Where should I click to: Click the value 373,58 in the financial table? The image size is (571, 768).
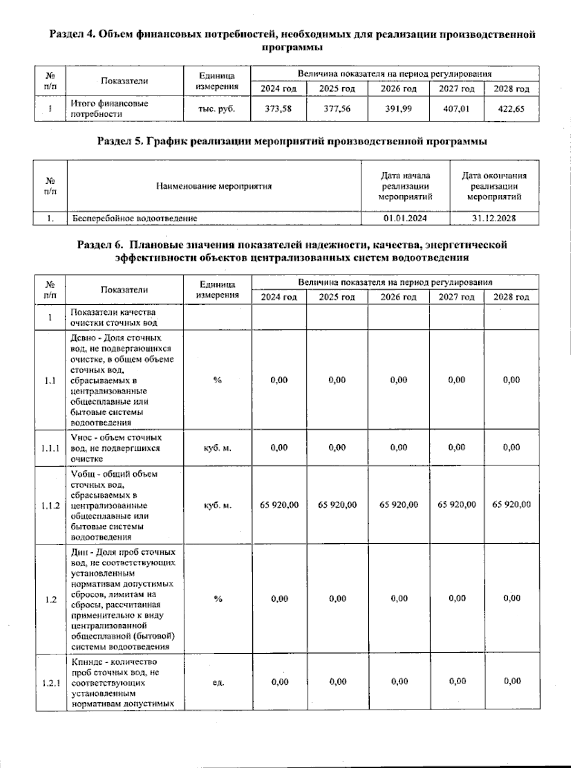(278, 109)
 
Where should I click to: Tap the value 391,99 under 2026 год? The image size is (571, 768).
(398, 109)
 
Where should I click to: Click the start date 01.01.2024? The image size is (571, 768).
(405, 219)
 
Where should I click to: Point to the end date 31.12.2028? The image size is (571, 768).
(494, 219)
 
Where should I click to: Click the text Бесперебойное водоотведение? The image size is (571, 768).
(135, 219)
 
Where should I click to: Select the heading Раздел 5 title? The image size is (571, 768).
(292, 141)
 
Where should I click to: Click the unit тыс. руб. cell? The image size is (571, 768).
(217, 109)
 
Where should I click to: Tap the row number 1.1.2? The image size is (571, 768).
(50, 505)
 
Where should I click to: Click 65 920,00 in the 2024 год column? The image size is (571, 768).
(279, 505)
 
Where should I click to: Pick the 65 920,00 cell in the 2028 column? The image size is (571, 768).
(512, 505)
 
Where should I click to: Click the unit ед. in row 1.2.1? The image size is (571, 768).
(217, 682)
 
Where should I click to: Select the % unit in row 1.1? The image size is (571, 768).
(217, 380)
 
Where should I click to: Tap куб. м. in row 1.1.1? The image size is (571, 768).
(217, 448)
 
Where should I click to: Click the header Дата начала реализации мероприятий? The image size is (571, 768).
(405, 186)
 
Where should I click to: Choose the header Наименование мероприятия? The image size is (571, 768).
(214, 186)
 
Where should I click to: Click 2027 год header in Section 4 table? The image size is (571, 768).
(456, 89)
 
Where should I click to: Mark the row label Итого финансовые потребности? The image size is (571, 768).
(109, 109)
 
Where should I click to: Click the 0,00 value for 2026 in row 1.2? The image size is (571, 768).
(399, 598)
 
